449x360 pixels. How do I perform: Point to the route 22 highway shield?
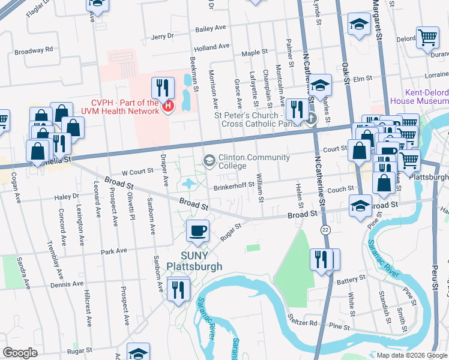click(x=325, y=230)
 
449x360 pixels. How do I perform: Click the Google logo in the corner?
click(x=20, y=353)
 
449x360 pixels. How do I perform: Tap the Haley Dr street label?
click(x=67, y=196)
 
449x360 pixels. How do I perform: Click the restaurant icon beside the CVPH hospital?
click(x=162, y=88)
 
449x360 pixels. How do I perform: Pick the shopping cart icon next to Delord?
click(x=427, y=37)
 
